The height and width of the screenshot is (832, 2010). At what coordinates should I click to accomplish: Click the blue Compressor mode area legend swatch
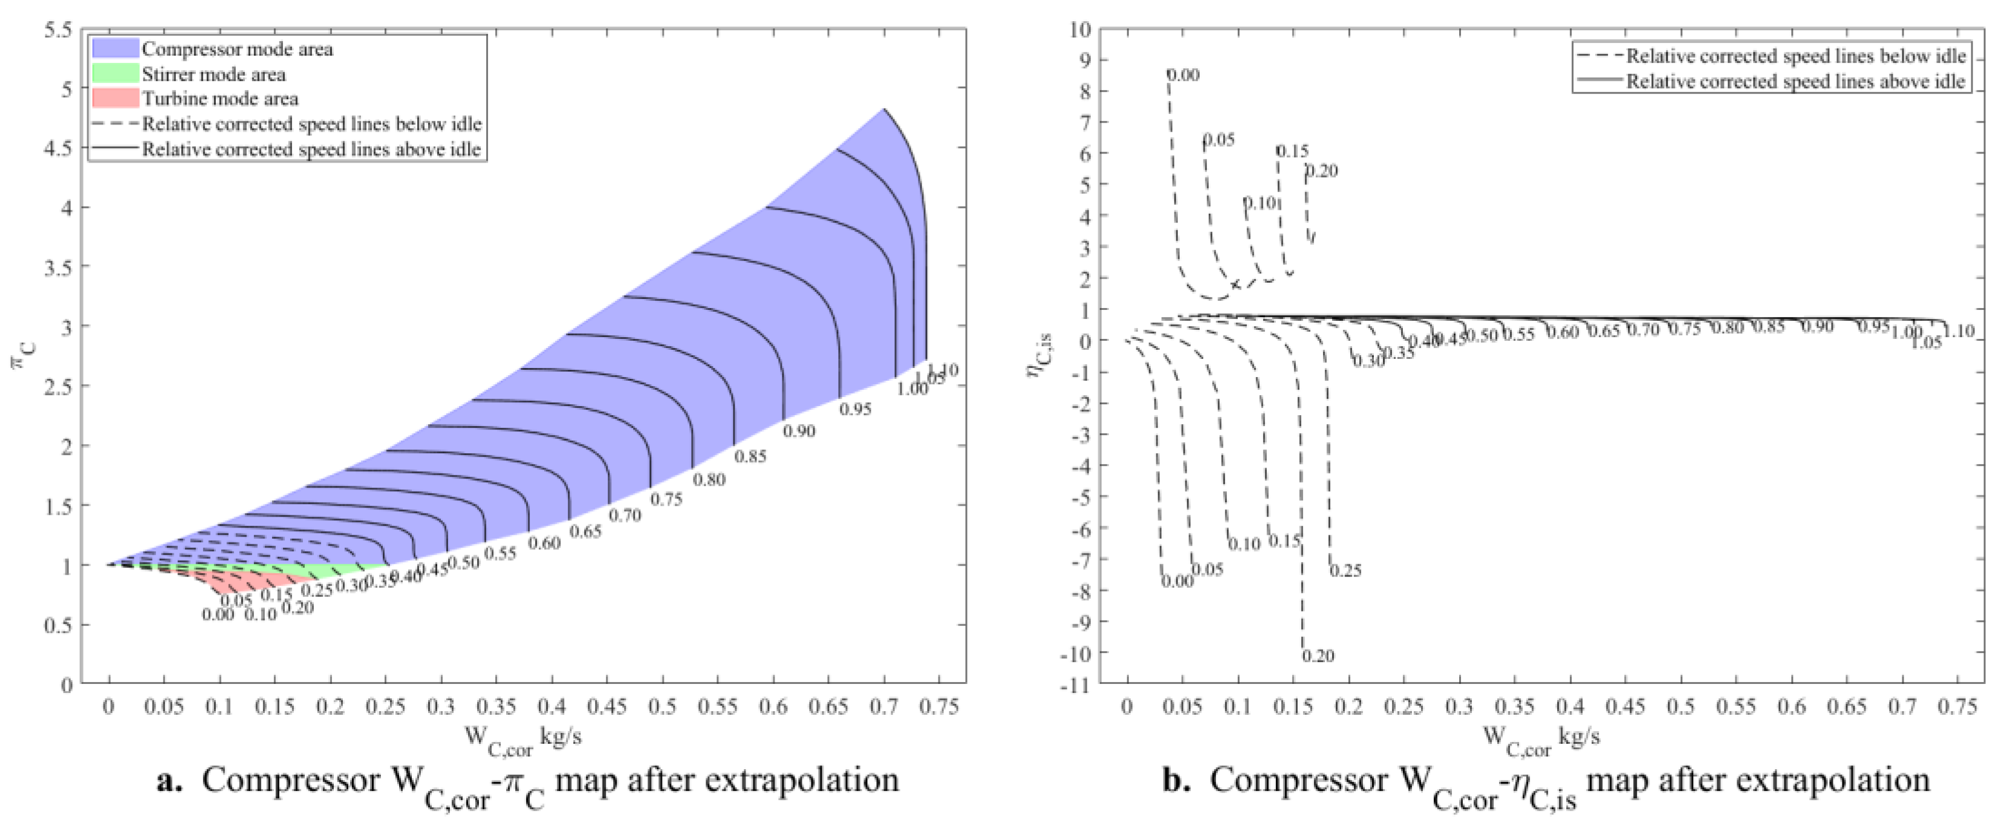click(115, 48)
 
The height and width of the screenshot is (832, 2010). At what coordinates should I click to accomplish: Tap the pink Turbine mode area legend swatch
click(115, 98)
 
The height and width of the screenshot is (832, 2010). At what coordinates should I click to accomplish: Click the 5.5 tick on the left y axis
click(57, 30)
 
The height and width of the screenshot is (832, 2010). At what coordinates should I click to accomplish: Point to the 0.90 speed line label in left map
click(798, 431)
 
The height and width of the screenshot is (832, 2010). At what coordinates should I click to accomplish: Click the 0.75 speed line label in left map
click(666, 499)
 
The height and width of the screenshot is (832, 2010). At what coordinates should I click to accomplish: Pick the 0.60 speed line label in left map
click(544, 543)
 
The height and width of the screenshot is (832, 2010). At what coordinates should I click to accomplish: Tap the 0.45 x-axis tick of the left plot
click(607, 706)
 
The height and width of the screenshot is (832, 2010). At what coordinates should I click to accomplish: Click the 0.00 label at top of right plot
click(1183, 75)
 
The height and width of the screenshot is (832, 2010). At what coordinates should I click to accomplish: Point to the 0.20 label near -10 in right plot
click(1318, 656)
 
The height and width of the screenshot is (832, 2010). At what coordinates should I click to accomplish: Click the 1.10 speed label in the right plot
click(1958, 331)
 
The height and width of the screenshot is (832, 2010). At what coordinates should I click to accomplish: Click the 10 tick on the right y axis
click(1079, 30)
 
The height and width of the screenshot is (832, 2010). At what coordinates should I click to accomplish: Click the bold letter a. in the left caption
click(169, 781)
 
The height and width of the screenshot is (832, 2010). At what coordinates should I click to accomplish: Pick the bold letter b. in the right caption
click(1176, 781)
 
